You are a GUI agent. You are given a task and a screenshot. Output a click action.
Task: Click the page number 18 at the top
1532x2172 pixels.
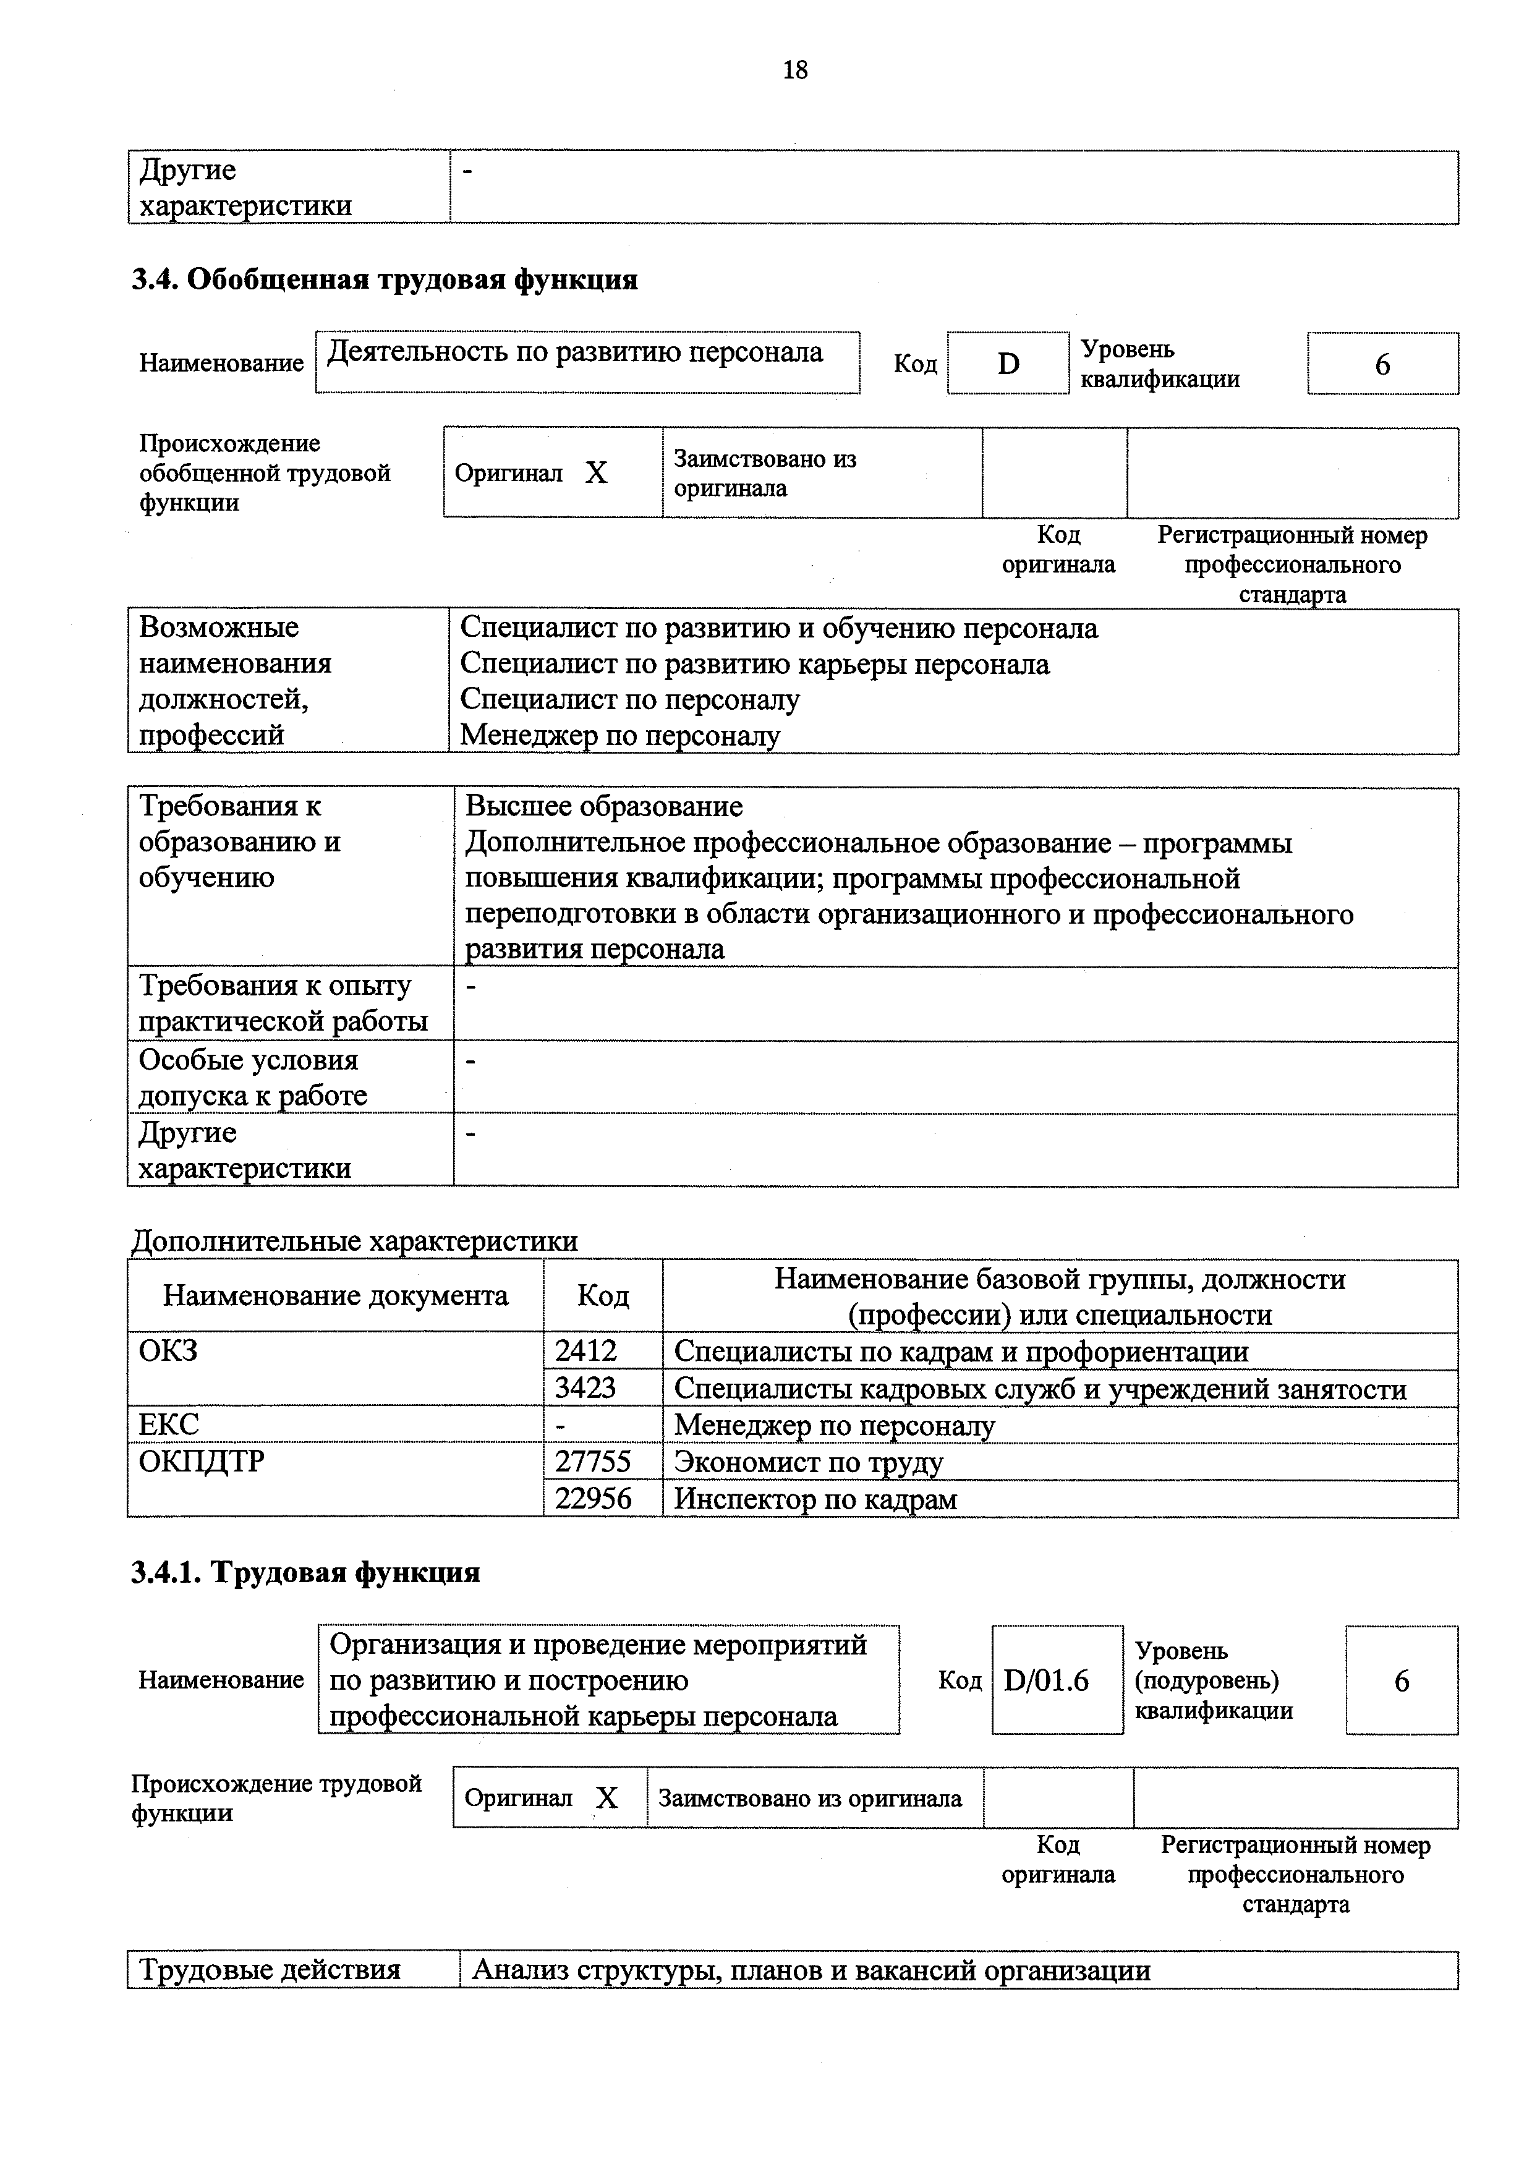794,70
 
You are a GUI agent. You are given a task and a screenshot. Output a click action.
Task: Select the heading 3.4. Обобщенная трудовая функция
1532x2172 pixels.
384,280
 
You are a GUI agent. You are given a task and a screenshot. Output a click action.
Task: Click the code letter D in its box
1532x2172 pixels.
1008,364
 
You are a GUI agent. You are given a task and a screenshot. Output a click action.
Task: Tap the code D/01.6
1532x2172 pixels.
1046,1680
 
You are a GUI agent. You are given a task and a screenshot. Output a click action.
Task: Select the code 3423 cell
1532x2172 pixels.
585,1388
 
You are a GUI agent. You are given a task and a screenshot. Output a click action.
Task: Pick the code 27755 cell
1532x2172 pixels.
592,1462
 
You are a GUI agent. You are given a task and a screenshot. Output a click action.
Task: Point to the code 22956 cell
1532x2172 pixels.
592,1499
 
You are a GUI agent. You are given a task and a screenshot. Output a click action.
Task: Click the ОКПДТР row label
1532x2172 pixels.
202,1462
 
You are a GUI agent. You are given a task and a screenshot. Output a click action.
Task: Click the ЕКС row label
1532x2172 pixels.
169,1425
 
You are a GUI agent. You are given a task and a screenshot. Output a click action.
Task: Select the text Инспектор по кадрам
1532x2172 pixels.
815,1499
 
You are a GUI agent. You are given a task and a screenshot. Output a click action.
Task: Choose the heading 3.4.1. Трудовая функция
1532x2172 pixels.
305,1572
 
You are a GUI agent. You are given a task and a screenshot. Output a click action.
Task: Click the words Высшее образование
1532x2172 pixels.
603,806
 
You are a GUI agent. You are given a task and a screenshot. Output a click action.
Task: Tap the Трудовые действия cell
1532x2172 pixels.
270,1970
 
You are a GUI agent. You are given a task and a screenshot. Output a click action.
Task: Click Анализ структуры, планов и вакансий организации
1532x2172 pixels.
811,1970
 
